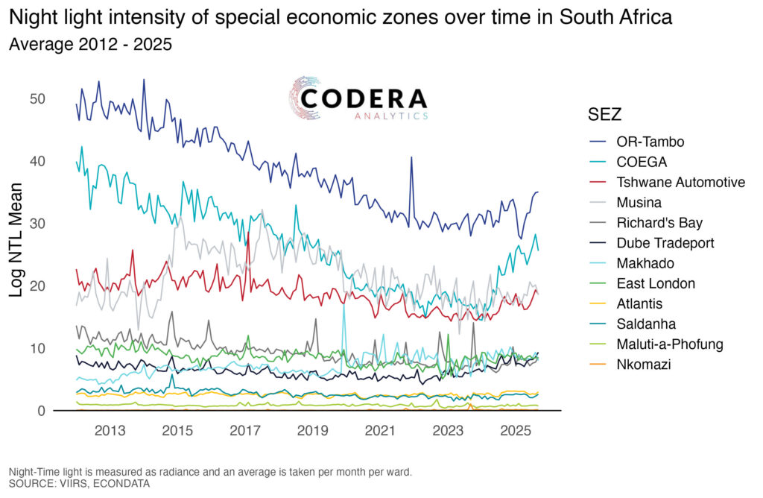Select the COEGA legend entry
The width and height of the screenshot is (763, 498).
(641, 162)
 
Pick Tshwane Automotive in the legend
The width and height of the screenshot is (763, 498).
(680, 182)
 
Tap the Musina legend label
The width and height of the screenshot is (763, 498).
(639, 202)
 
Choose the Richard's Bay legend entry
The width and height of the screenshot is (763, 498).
(659, 222)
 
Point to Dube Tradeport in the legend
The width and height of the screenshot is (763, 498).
(665, 242)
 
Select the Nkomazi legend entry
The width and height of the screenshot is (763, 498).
(643, 364)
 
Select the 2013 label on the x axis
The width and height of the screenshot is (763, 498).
(110, 431)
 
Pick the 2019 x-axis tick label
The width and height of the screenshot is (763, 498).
(313, 431)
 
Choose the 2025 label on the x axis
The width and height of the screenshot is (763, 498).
(515, 431)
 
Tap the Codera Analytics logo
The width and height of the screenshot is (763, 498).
(358, 99)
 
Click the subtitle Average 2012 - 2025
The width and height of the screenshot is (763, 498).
(90, 44)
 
